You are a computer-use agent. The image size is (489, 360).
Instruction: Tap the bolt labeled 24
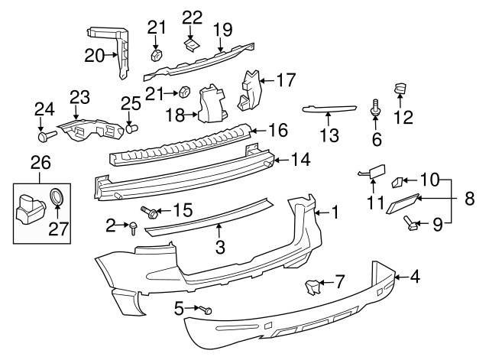(x=44, y=137)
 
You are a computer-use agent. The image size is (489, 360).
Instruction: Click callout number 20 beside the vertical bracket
(x=94, y=55)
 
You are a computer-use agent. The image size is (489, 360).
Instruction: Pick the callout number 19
(x=222, y=29)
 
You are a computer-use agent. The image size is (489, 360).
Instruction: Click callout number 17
(x=285, y=78)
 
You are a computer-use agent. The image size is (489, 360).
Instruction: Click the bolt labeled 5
(x=206, y=310)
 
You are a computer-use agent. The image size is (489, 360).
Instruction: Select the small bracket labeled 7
(x=311, y=287)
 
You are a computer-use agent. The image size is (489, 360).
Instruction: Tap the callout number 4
(x=415, y=277)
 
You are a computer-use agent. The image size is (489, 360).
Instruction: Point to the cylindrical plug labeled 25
(x=130, y=128)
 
